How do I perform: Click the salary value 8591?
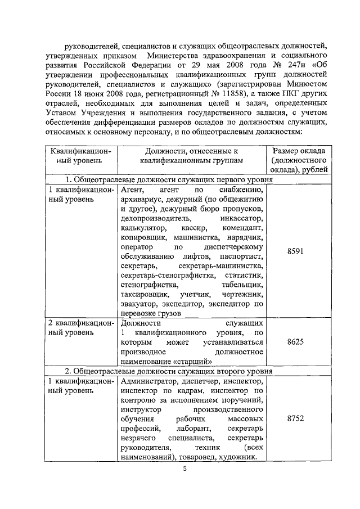coord(295,251)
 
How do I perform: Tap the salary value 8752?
coord(295,419)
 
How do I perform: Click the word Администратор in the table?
coord(147,381)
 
